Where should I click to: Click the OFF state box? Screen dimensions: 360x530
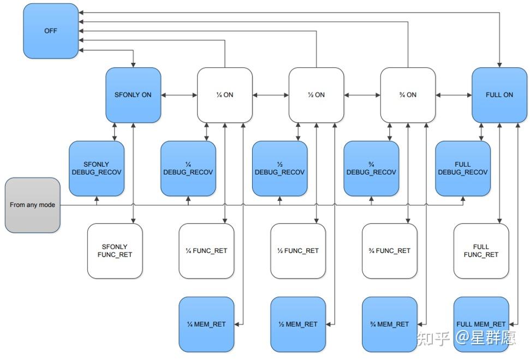click(x=51, y=31)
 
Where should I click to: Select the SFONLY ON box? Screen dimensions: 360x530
click(x=133, y=95)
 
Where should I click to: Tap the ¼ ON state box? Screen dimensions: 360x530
click(x=224, y=95)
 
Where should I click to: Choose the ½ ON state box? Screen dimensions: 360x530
click(x=316, y=95)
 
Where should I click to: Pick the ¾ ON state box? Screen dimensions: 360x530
click(x=408, y=95)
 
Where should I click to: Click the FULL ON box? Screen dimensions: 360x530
click(x=499, y=95)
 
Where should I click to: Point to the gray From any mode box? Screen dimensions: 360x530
click(x=33, y=205)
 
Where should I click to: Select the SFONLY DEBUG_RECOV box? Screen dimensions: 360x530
click(x=97, y=168)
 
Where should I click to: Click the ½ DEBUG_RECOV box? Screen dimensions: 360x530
click(x=279, y=168)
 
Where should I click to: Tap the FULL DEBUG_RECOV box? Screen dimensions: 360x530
click(x=462, y=168)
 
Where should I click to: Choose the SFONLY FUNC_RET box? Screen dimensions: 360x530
click(x=115, y=251)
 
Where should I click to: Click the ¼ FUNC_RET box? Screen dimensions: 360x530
click(x=206, y=251)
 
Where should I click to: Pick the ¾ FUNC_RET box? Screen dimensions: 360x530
click(x=389, y=251)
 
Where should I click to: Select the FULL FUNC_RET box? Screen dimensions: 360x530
click(x=481, y=251)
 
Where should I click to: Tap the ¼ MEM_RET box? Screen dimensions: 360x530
click(x=206, y=324)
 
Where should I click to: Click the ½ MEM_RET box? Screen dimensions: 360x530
click(x=298, y=324)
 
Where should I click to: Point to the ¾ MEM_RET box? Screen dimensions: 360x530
click(x=389, y=324)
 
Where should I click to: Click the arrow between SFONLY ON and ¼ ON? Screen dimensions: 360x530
click(x=179, y=95)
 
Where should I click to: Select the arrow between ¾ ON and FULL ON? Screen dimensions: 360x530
click(x=454, y=95)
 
